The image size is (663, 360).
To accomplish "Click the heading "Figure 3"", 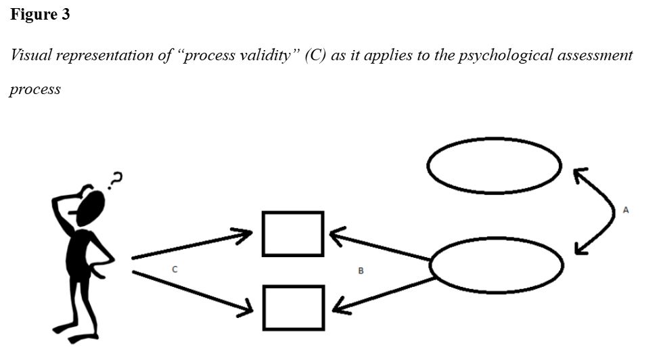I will [x=40, y=15].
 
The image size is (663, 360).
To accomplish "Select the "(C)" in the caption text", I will [x=315, y=55].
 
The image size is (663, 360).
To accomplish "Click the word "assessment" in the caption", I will [x=595, y=55].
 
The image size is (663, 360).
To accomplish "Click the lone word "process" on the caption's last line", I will [x=35, y=90].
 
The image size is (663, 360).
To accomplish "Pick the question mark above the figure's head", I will [x=116, y=179].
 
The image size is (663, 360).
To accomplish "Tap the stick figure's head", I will [x=91, y=207].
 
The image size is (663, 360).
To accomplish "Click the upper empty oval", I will [x=495, y=164].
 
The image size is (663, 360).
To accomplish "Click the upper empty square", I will [x=293, y=234].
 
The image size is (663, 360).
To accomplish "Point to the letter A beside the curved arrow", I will [x=626, y=210].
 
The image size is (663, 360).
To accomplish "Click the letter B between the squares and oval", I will [x=361, y=271].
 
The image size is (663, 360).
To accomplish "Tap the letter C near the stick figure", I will [x=175, y=269].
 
